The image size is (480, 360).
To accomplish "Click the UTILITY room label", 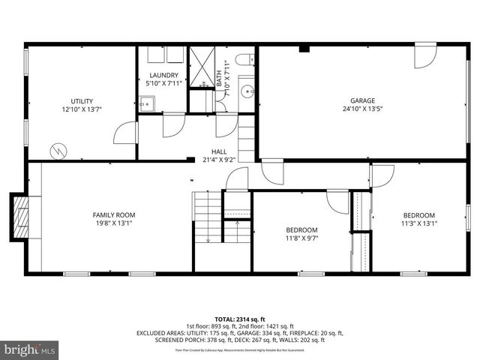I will [x=82, y=100].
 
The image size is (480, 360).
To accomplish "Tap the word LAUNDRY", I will [x=163, y=75].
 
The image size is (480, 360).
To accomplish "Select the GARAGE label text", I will [x=362, y=100].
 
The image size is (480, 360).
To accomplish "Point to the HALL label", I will [x=219, y=151].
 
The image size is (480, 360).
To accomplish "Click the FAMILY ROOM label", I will [x=114, y=214].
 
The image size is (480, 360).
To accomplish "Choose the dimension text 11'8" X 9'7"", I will [x=301, y=238].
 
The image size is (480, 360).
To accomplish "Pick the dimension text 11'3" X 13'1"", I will [x=418, y=223].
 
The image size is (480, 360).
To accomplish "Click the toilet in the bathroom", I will [x=244, y=60].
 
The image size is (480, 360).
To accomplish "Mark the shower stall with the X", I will [x=201, y=67].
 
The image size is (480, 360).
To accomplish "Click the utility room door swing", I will [x=124, y=133].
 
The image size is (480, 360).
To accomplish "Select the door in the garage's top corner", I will [x=425, y=56].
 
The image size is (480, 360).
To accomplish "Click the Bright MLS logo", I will [x=30, y=349].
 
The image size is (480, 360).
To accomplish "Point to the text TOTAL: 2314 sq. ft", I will [x=239, y=319].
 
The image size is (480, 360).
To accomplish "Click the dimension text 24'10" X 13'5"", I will [x=362, y=109].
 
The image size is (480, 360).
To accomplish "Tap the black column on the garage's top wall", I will [x=303, y=49].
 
